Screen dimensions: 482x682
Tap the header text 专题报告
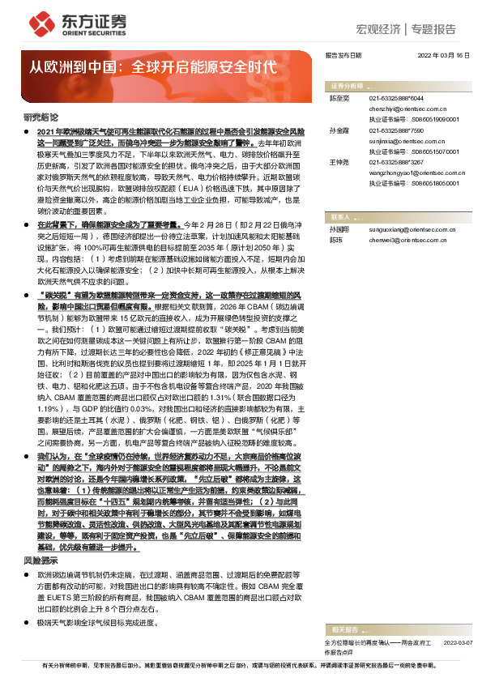[434, 28]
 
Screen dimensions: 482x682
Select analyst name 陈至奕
[339, 97]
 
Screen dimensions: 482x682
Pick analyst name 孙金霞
[339, 130]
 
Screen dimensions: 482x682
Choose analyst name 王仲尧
[339, 162]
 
